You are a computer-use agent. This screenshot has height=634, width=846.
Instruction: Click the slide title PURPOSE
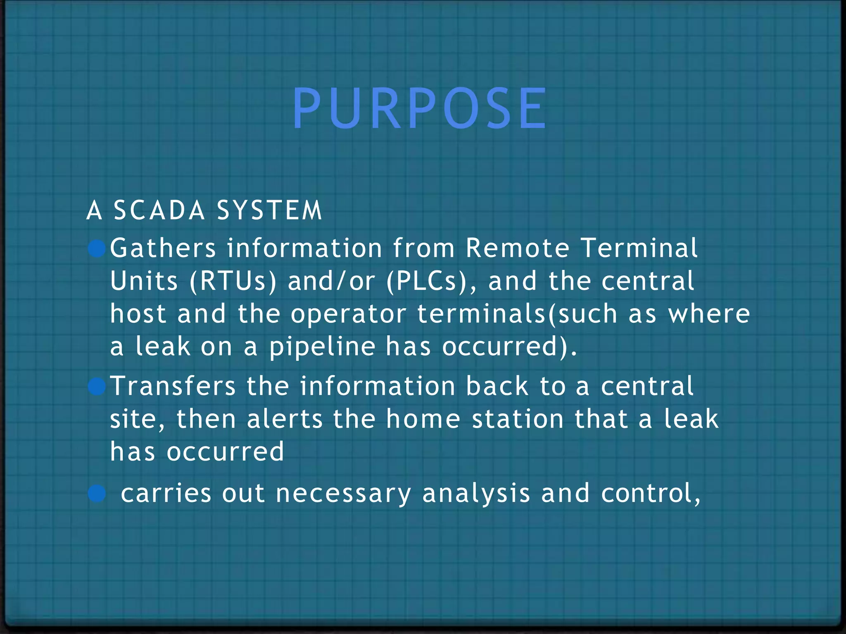(x=420, y=110)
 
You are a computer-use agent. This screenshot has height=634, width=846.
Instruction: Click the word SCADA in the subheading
(x=159, y=210)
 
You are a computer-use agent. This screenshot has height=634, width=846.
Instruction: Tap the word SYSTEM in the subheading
(x=269, y=210)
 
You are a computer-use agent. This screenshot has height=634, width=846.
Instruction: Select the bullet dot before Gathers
(x=97, y=249)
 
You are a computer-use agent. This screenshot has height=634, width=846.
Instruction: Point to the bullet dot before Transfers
(x=97, y=387)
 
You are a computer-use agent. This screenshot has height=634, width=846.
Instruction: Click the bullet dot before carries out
(x=97, y=494)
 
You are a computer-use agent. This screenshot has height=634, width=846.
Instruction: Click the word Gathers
(x=163, y=248)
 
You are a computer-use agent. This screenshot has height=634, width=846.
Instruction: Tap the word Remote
(x=518, y=248)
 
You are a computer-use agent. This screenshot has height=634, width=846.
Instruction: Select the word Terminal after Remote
(x=639, y=248)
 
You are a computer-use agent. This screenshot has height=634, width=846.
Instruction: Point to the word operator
(x=348, y=314)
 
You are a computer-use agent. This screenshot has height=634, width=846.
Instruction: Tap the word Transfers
(x=173, y=386)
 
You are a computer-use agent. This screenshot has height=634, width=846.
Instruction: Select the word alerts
(x=285, y=419)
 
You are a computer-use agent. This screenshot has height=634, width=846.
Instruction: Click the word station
(x=518, y=419)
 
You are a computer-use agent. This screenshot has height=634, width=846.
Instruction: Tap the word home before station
(x=423, y=419)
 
